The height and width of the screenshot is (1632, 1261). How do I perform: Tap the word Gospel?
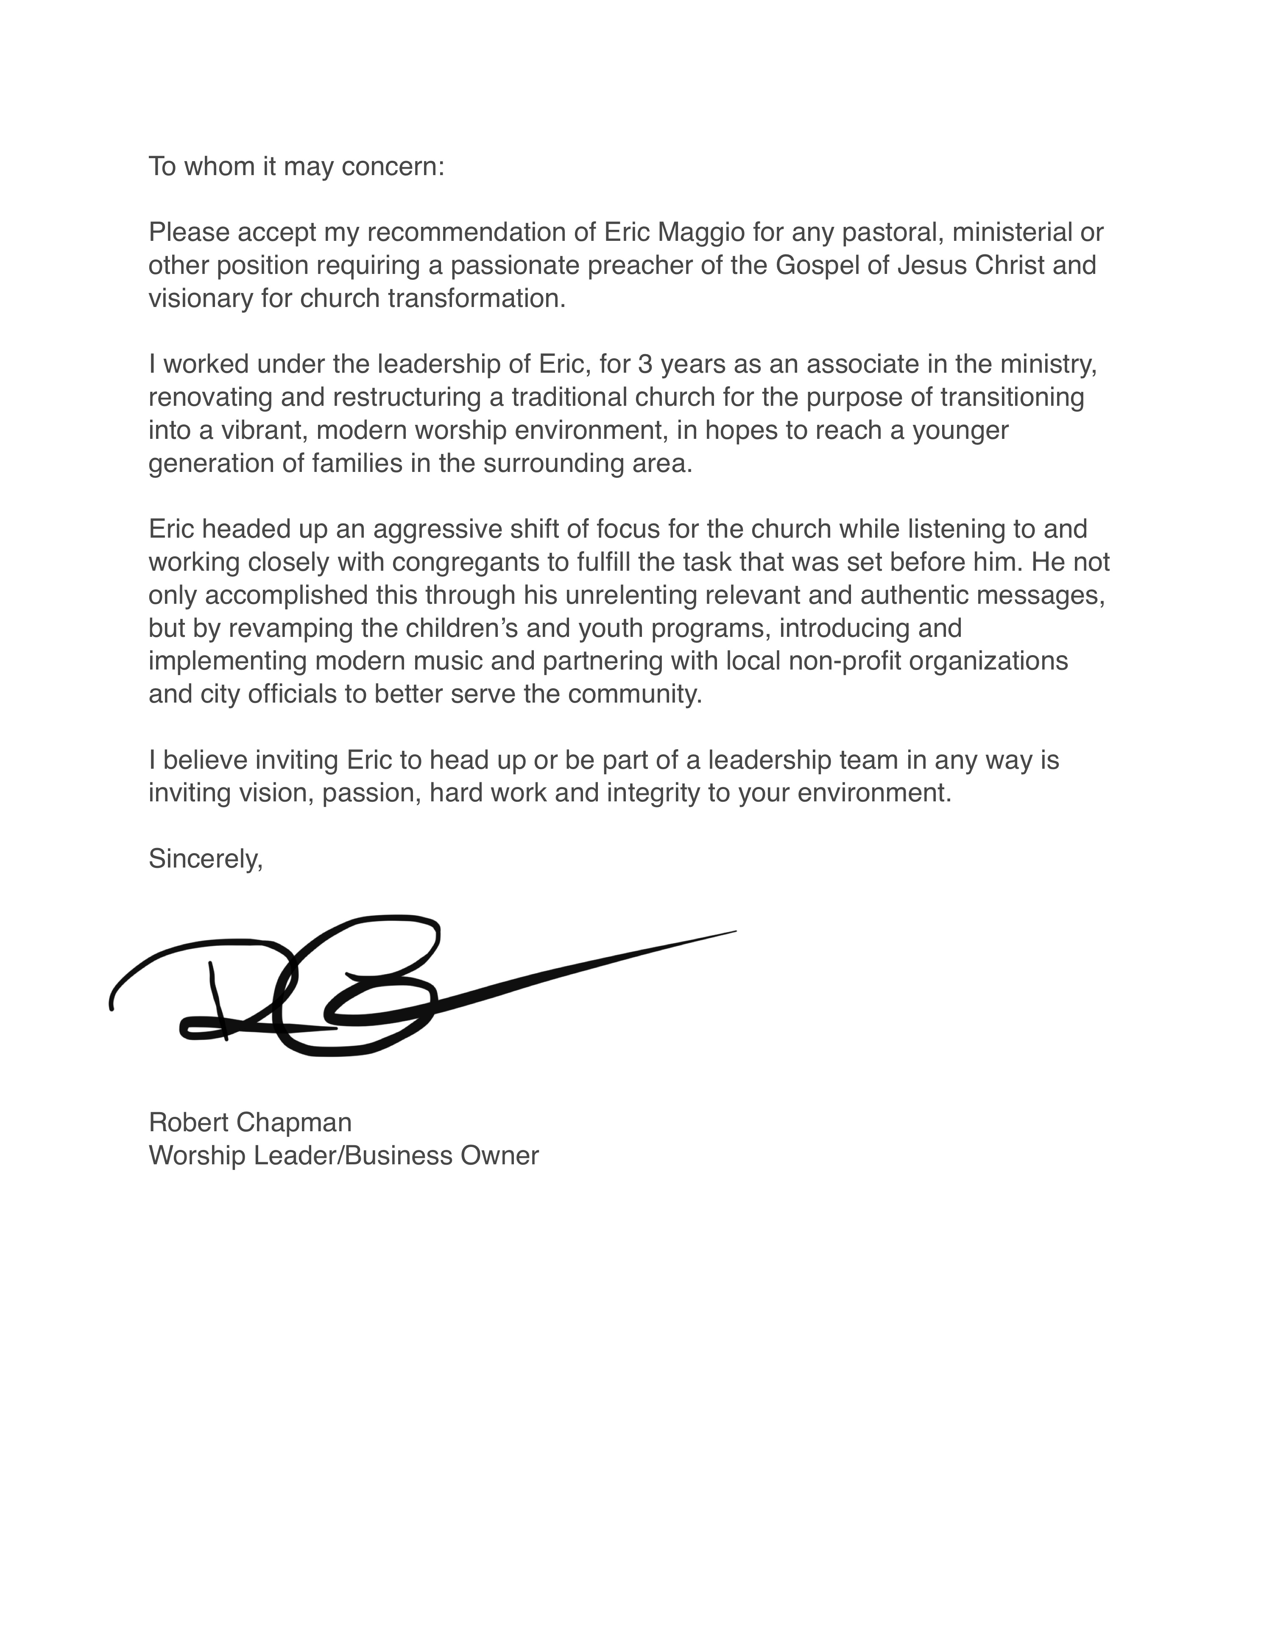817,266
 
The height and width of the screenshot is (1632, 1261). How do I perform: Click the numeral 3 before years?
644,365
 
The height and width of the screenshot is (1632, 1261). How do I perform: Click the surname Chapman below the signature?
295,1122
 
